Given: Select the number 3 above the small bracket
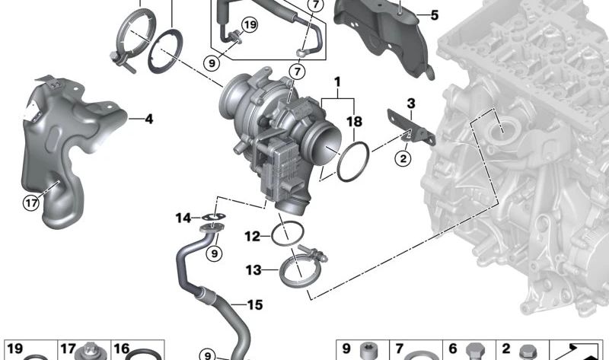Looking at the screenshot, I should [x=410, y=104].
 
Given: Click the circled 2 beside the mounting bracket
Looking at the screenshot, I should [x=402, y=158].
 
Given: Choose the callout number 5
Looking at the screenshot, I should [x=434, y=14].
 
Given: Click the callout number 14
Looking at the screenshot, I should [x=183, y=218].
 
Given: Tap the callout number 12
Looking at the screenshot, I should [x=252, y=237].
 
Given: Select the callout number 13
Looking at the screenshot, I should [x=252, y=269].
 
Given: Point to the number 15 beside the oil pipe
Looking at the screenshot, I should [x=254, y=305].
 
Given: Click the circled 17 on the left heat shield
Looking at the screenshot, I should [x=30, y=202].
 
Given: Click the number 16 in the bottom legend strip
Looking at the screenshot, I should [x=122, y=349].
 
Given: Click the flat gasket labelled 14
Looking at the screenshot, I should [x=213, y=221].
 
